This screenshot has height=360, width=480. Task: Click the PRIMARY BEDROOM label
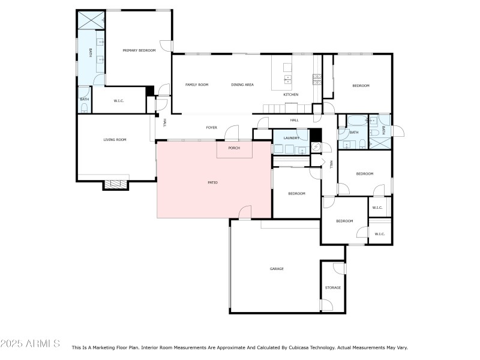tap(139, 50)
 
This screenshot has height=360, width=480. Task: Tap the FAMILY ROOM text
tap(196, 85)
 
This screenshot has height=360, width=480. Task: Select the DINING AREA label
tap(242, 85)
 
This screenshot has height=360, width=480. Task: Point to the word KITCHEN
tap(290, 95)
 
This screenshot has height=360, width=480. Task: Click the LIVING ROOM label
tap(115, 140)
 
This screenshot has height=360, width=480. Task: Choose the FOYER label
tap(211, 127)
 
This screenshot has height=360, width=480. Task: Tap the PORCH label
tap(234, 148)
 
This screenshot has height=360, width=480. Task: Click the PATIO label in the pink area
tap(212, 182)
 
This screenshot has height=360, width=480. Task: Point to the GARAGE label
tap(276, 269)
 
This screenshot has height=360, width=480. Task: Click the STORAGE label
tap(333, 287)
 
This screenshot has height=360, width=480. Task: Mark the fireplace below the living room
tap(115, 185)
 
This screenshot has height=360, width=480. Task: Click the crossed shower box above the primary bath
tap(91, 20)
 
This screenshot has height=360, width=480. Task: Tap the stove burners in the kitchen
tap(316, 78)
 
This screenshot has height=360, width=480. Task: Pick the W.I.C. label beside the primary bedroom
tap(118, 100)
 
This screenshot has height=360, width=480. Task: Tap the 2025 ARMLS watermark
tap(31, 344)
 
